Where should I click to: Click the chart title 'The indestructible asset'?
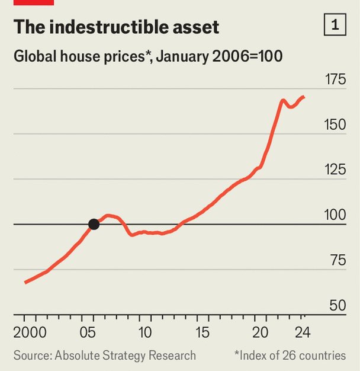click(116, 27)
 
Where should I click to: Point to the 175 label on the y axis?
click(335, 79)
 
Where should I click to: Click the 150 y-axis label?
click(335, 125)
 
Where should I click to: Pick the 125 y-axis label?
click(335, 170)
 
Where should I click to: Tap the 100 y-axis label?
click(335, 215)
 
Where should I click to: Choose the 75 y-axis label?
click(337, 261)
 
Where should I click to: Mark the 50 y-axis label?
click(337, 306)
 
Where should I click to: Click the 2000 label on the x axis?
click(27, 330)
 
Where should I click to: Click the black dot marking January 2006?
click(94, 224)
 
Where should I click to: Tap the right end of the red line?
click(304, 97)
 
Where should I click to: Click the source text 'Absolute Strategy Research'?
click(125, 356)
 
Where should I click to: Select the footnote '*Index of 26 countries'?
click(290, 356)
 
